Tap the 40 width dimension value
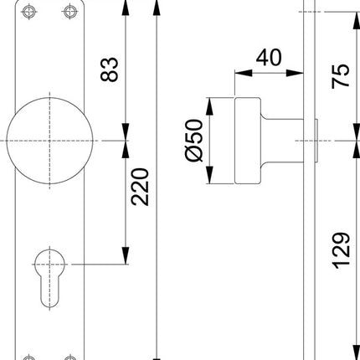pyautogui.click(x=267, y=58)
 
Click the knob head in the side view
pyautogui.click(x=248, y=138)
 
